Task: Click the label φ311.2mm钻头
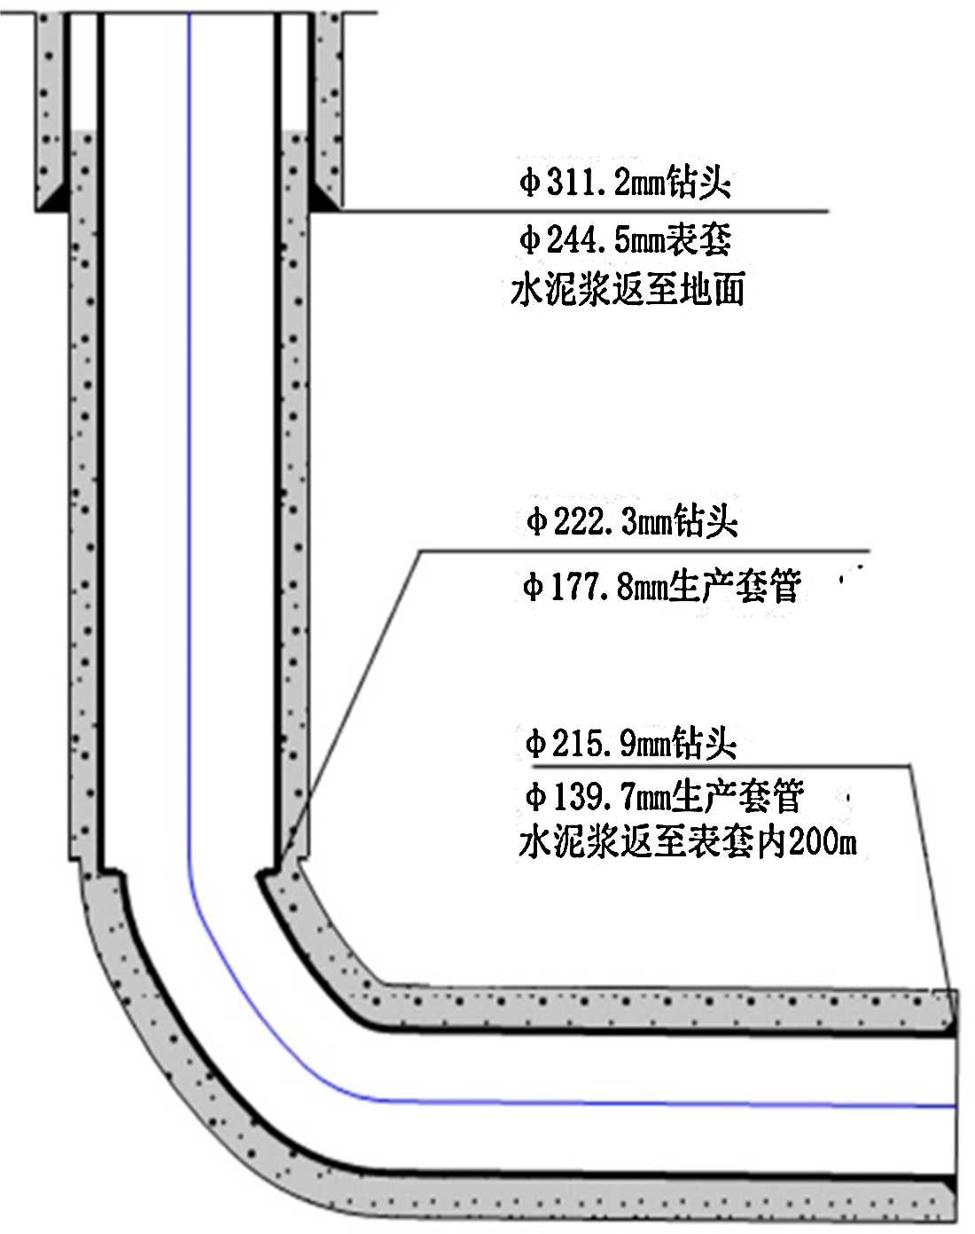click(x=625, y=184)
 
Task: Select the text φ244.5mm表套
click(x=625, y=239)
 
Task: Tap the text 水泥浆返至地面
click(x=627, y=290)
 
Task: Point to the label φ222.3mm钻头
click(x=632, y=520)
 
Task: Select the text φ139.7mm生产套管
click(x=664, y=796)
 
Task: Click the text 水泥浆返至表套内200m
click(x=687, y=842)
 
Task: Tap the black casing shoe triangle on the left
click(x=53, y=197)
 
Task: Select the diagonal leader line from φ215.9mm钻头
click(x=931, y=878)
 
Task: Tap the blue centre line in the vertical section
click(x=190, y=443)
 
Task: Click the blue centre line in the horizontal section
click(x=665, y=1104)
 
